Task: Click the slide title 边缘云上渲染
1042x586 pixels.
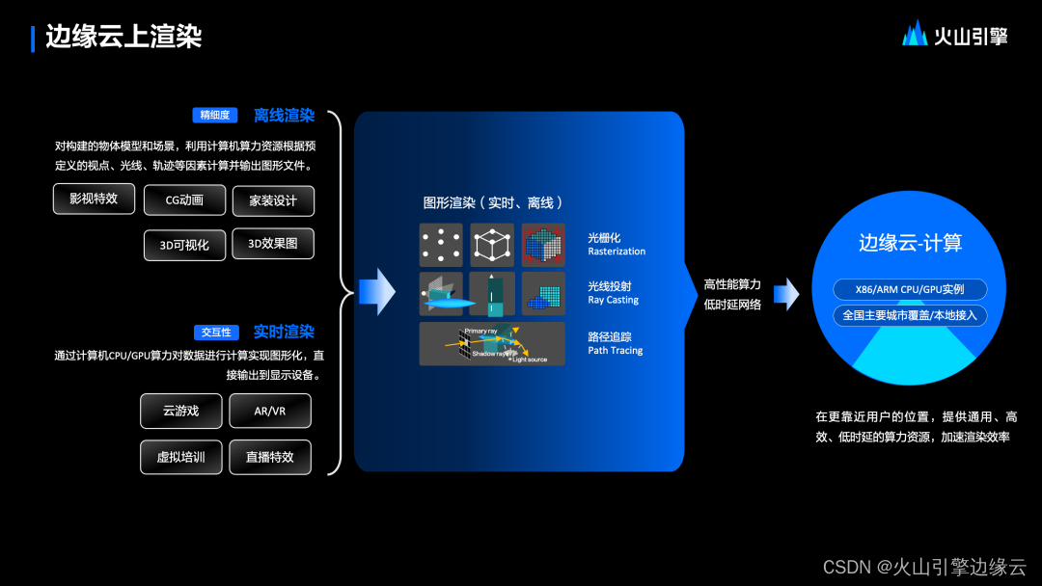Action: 123,37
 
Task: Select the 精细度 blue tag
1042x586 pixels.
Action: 214,116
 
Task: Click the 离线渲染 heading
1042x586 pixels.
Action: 284,116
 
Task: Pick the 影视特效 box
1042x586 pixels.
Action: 94,199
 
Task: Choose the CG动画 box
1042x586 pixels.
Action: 184,200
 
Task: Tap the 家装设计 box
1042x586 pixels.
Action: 273,200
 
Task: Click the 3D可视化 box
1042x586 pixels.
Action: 184,245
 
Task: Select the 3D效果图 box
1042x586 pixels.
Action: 273,244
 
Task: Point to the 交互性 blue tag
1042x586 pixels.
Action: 216,333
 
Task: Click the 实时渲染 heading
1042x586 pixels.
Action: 284,332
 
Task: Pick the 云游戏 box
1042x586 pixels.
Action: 181,411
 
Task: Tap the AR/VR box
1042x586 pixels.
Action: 269,411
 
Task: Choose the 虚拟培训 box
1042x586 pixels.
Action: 181,457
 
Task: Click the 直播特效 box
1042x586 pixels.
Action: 269,457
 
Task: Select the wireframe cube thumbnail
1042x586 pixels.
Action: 492,245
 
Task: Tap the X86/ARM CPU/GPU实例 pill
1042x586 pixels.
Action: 910,290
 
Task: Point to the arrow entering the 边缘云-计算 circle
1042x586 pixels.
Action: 786,294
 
